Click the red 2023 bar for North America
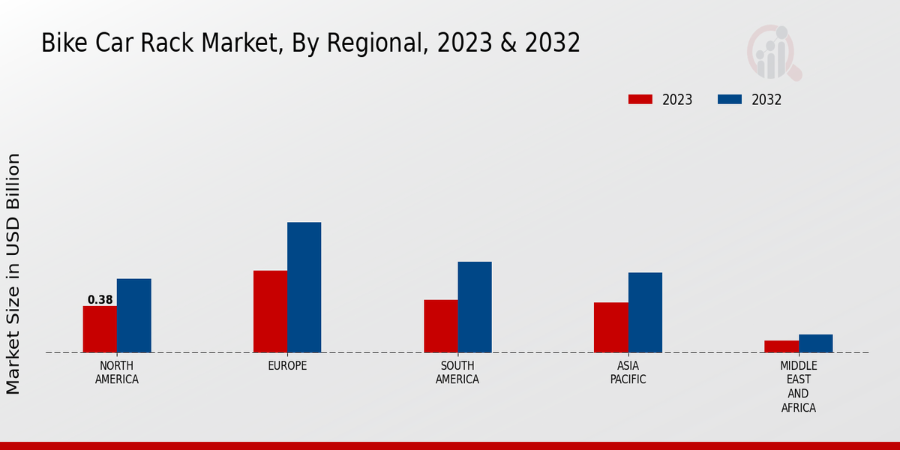[x=100, y=329]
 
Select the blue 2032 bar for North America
[x=133, y=316]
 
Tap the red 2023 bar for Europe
[x=270, y=311]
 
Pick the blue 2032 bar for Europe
[x=304, y=287]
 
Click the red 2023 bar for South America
[x=440, y=326]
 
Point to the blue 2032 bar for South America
[x=475, y=307]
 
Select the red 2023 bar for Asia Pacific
[x=610, y=328]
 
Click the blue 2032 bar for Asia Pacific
[x=645, y=312]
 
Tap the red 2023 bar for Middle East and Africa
[x=781, y=346]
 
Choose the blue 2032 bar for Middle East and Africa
[x=815, y=343]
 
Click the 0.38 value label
[x=100, y=300]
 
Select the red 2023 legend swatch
[x=640, y=100]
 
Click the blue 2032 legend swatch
[x=730, y=100]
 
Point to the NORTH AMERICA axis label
[x=116, y=373]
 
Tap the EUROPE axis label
[x=287, y=366]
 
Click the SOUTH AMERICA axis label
[x=457, y=373]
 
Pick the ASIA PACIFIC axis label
[x=628, y=373]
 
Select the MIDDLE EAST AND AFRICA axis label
[x=798, y=387]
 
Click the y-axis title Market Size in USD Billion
[x=13, y=274]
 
